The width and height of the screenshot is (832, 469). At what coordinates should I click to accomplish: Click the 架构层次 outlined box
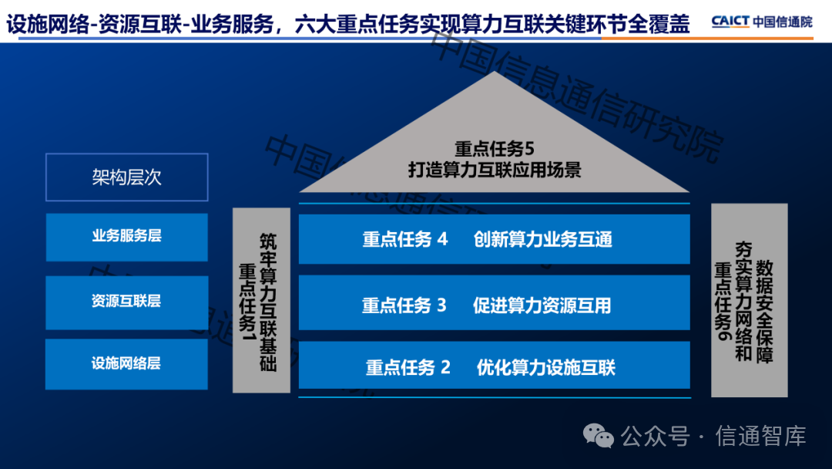tap(127, 177)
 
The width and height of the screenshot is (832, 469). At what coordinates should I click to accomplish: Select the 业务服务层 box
tap(127, 237)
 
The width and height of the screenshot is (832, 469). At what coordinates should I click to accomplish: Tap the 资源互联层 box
tap(127, 302)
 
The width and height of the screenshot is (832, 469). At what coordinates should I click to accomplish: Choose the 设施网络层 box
tap(127, 364)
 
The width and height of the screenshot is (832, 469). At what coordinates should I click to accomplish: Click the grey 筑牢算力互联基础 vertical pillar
tap(262, 300)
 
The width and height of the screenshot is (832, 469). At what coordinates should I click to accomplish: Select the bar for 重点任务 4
tap(494, 239)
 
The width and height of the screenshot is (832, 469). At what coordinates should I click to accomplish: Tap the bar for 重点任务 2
tap(494, 366)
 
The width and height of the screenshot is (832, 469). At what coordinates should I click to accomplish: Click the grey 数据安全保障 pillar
tap(750, 300)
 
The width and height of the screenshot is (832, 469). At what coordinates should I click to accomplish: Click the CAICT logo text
tap(730, 22)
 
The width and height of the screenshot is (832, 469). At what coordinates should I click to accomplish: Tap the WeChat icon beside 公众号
tap(599, 436)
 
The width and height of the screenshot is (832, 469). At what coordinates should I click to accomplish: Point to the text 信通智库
tap(761, 436)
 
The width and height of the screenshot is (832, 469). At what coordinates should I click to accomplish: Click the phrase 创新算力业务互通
tap(543, 240)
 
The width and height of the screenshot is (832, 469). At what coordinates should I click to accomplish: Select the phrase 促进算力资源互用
tap(542, 305)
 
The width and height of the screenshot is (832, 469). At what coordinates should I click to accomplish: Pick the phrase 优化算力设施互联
tap(546, 367)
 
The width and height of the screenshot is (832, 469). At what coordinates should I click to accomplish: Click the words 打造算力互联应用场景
tap(495, 170)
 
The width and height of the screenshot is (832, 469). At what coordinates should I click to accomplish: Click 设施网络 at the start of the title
tap(48, 24)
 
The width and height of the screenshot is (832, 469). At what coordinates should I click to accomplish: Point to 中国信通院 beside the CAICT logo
tap(783, 22)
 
